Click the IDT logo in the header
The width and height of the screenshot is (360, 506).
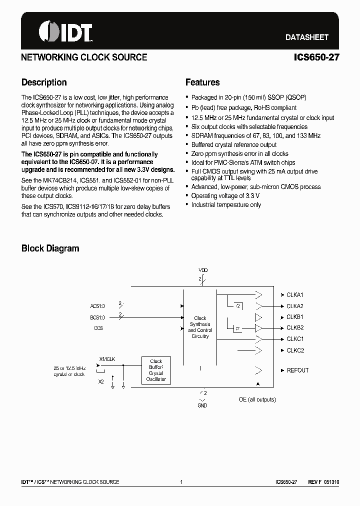[65, 32]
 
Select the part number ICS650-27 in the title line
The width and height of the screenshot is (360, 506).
[316, 57]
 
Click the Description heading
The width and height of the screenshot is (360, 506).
[44, 82]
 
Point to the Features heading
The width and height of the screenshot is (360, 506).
[202, 82]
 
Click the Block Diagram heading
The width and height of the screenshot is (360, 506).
[50, 248]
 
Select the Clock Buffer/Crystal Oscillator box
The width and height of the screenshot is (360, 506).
[156, 370]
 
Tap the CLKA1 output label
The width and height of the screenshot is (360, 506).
[295, 295]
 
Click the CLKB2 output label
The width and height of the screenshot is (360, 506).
[295, 328]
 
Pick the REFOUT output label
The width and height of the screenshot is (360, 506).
[297, 370]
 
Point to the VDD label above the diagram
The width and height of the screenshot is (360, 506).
[203, 270]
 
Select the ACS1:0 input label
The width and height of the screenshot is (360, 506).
[98, 305]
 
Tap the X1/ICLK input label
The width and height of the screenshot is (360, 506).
[107, 359]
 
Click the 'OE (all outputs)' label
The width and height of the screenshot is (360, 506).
[257, 399]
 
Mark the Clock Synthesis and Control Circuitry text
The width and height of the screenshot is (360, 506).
[200, 327]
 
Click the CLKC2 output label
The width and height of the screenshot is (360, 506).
[295, 350]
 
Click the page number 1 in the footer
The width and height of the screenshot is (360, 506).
[181, 482]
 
